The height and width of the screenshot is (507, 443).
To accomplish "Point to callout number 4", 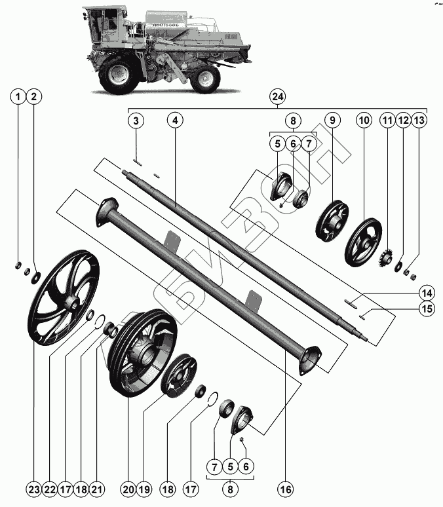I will pyautogui.click(x=174, y=121).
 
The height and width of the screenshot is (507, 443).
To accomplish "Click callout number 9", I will pyautogui.click(x=332, y=121).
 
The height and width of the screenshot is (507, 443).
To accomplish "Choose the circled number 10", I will pyautogui.click(x=364, y=121).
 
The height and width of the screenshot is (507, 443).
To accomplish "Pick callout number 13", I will pyautogui.click(x=419, y=121).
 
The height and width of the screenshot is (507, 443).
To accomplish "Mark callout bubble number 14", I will pyautogui.click(x=427, y=291).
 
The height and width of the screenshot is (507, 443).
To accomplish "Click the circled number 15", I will pyautogui.click(x=427, y=309).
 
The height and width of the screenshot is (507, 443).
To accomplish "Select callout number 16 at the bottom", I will pyautogui.click(x=285, y=489).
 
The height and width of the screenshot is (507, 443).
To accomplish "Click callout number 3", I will pyautogui.click(x=136, y=121).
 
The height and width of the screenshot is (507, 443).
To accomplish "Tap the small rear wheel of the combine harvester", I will pyautogui.click(x=207, y=78).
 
